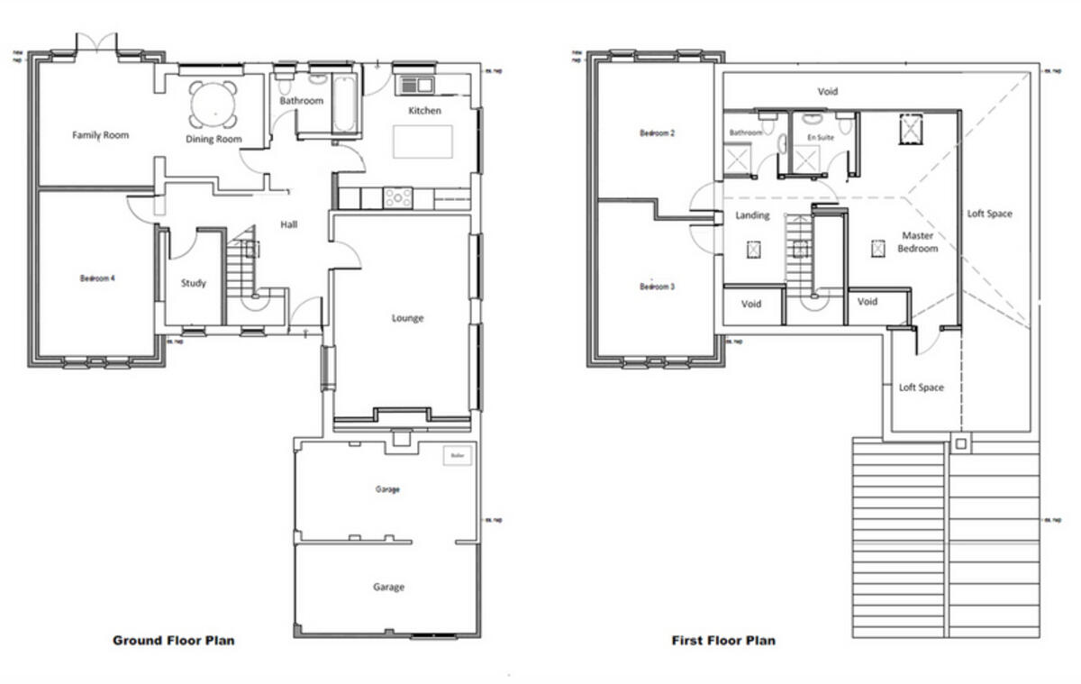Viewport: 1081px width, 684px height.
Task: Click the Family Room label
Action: (100, 135)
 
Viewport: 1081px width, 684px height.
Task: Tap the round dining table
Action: (214, 104)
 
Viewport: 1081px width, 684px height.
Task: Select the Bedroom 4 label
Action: (97, 278)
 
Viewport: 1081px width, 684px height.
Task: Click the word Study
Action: (193, 283)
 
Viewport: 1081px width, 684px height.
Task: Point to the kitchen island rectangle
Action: (422, 141)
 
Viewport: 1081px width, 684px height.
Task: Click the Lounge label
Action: (407, 318)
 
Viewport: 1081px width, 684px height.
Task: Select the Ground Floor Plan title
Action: (174, 641)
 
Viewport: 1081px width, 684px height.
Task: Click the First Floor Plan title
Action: (723, 641)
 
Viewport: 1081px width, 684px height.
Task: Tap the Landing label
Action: (752, 215)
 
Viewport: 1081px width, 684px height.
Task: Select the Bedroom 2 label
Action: (658, 133)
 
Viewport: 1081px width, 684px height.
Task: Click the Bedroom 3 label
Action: (658, 287)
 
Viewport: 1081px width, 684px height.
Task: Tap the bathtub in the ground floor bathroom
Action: (345, 106)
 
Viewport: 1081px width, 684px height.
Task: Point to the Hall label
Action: (288, 224)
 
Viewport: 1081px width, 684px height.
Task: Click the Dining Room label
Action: (213, 140)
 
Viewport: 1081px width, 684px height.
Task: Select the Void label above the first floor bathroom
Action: (827, 92)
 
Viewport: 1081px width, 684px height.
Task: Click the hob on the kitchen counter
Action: (397, 196)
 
